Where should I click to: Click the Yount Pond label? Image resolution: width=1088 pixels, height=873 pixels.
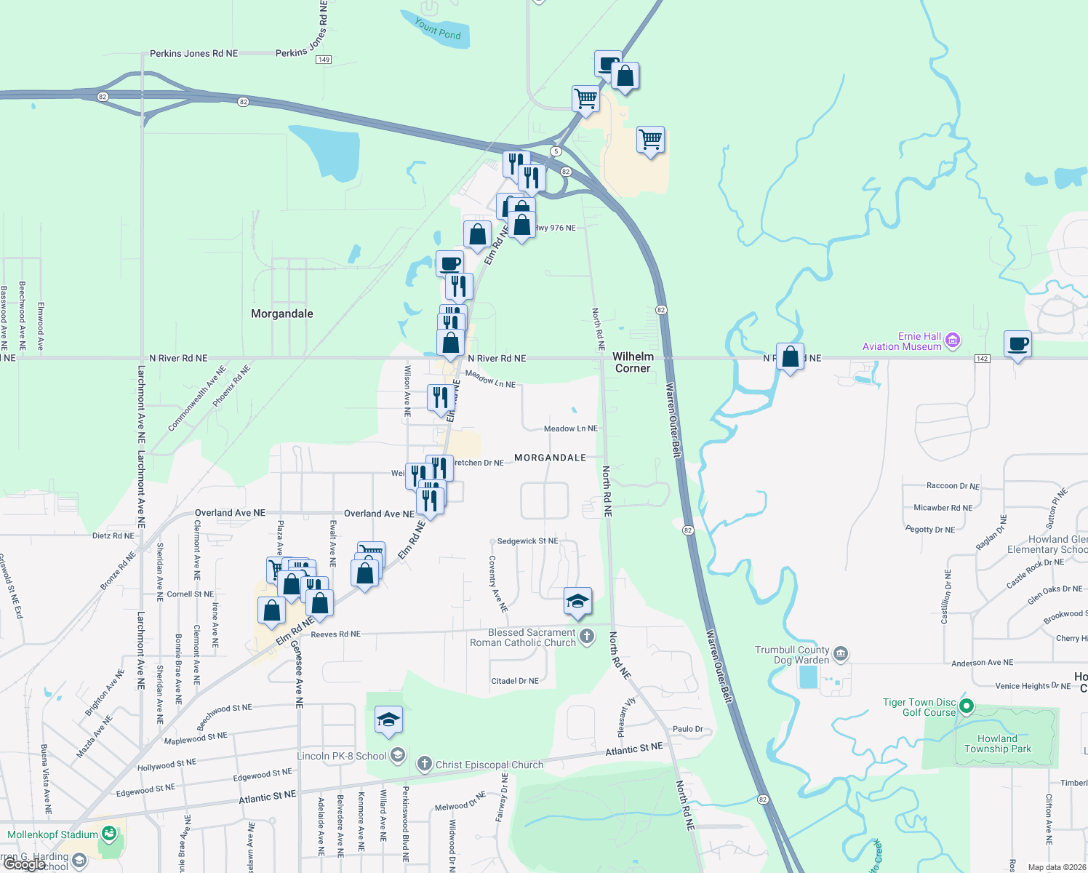click(438, 29)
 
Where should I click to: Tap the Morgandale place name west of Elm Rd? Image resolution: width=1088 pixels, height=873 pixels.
click(282, 314)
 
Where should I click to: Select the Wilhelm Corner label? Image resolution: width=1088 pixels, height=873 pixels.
click(633, 362)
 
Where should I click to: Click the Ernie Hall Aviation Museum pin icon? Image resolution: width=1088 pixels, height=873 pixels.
click(953, 340)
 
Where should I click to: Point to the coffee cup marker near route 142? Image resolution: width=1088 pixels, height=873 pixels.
click(1017, 344)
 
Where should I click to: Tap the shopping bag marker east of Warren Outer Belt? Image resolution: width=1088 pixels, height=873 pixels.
click(790, 357)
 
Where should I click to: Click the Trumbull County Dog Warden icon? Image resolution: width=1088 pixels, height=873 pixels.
click(841, 653)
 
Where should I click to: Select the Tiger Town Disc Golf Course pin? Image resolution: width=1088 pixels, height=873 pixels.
click(967, 706)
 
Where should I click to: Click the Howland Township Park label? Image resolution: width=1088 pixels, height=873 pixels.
click(998, 744)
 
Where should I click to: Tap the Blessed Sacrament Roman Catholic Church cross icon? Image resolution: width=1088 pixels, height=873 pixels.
click(587, 638)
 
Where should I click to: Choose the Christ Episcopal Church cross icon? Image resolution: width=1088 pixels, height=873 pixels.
click(425, 764)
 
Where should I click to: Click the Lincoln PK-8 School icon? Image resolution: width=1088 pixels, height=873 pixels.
click(397, 755)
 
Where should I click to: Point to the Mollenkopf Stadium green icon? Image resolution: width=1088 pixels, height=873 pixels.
click(109, 834)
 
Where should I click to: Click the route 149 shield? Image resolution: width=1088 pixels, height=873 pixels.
click(324, 60)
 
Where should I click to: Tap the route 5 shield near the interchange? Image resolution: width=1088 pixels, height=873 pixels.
click(556, 151)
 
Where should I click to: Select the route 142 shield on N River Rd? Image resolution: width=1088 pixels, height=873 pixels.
click(982, 359)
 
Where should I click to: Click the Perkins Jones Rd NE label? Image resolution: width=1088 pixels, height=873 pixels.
click(193, 53)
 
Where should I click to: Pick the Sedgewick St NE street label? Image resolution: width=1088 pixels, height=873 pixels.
click(528, 541)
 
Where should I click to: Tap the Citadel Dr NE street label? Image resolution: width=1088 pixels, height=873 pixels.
click(515, 681)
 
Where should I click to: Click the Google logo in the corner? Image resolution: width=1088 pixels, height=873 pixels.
click(25, 865)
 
